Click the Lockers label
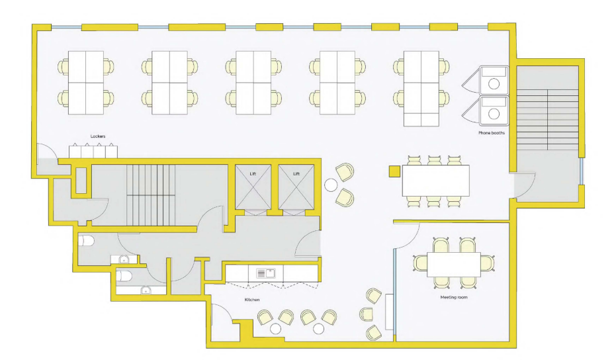[97, 136]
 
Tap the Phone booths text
[492, 133]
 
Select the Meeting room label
[453, 297]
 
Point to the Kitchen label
[252, 300]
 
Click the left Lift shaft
[253, 187]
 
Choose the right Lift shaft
[296, 187]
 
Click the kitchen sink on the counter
[265, 273]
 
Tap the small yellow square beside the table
[394, 172]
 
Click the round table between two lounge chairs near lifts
[331, 185]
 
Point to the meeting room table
[453, 265]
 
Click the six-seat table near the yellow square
[435, 181]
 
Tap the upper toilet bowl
[86, 240]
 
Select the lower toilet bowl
[124, 276]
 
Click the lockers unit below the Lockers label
[93, 151]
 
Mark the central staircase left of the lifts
[151, 195]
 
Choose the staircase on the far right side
[548, 120]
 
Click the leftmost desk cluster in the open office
[86, 82]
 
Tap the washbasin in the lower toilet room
[146, 290]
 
